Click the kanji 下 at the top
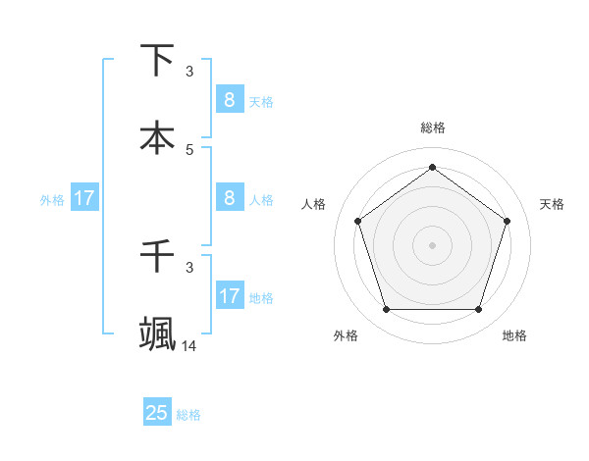(x=157, y=60)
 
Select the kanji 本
(x=157, y=138)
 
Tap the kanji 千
(x=157, y=256)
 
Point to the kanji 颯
(x=157, y=334)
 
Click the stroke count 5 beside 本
(x=189, y=150)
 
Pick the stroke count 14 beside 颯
(x=189, y=345)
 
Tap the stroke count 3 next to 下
(x=189, y=72)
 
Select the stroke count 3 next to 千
(x=189, y=267)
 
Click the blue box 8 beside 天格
(x=229, y=99)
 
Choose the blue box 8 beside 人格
(x=229, y=197)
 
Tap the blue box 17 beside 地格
(x=229, y=295)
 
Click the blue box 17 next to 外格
(x=84, y=197)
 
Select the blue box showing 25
(x=157, y=413)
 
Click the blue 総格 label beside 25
(x=188, y=415)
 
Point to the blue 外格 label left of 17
(x=52, y=199)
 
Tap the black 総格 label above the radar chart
(x=432, y=128)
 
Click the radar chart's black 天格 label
(x=553, y=204)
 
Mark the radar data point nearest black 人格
(x=357, y=221)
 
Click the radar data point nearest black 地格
(x=478, y=310)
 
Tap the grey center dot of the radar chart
(x=432, y=244)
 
